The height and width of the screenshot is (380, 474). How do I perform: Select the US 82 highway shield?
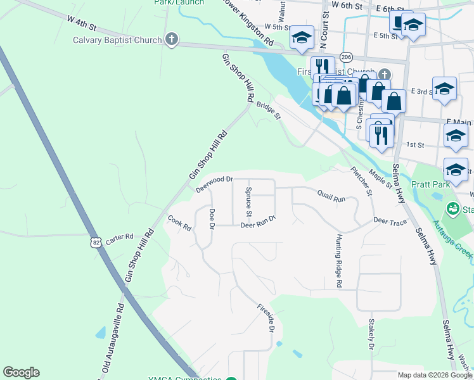tap(95, 241)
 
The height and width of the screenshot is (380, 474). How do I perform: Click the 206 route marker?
tap(345, 57)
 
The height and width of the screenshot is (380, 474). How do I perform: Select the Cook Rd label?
tap(179, 224)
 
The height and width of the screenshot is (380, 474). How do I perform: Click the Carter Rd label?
tap(120, 237)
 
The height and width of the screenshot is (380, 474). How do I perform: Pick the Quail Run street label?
tap(331, 198)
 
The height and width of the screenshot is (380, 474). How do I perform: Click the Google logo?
tap(21, 372)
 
